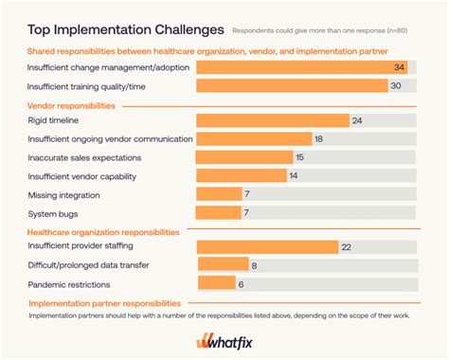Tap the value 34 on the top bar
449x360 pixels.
point(399,67)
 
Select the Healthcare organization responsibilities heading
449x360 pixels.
point(101,230)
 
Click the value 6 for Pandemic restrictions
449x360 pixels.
point(240,284)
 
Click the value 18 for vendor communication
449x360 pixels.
point(318,138)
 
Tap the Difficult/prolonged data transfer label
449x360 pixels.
point(88,266)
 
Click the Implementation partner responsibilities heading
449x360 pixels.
point(103,303)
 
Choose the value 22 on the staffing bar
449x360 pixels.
point(346,247)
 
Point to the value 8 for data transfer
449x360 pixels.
point(254,266)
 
